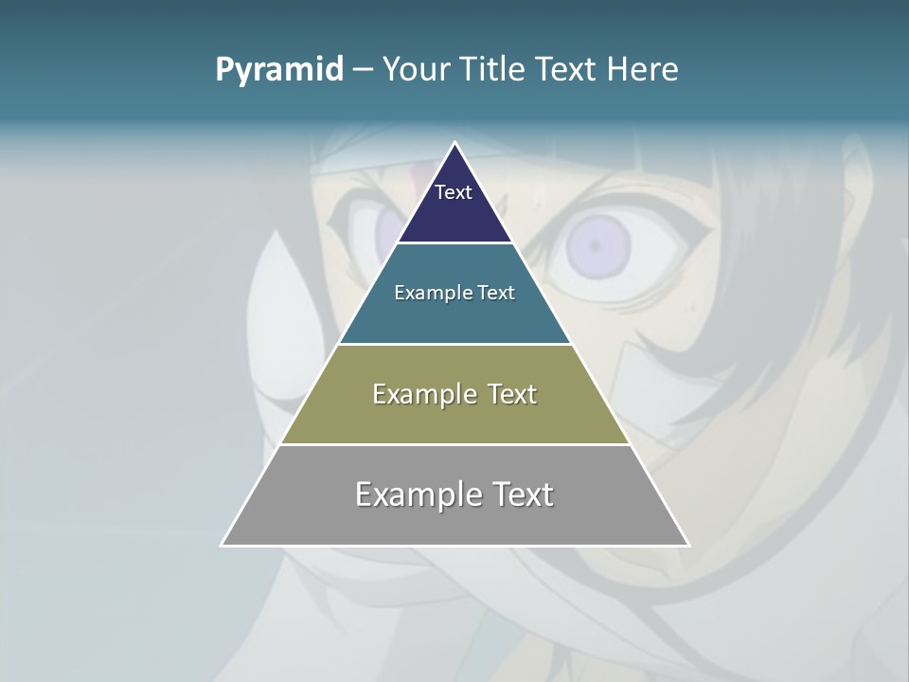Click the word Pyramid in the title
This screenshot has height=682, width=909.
279,70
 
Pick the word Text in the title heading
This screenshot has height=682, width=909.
566,69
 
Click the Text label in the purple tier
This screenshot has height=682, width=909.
454,192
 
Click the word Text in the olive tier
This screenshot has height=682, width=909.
512,394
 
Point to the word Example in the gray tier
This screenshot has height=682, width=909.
417,494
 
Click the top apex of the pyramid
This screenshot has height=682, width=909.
455,143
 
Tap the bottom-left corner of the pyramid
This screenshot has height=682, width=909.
222,545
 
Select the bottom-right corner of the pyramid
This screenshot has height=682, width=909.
688,545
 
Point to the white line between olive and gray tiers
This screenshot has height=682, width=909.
455,444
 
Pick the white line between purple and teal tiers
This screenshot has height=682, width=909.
455,242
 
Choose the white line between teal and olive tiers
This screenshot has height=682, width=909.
455,344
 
